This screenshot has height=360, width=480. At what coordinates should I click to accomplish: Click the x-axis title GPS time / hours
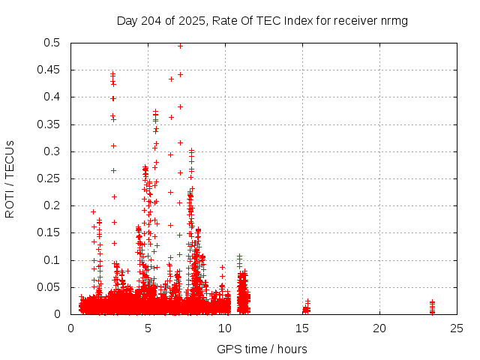pos(262,349)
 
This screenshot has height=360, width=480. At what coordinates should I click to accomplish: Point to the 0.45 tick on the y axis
pos(53,70)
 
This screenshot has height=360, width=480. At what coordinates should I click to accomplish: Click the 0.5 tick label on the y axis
pos(56,43)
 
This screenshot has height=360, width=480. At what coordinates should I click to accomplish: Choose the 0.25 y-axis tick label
pos(53,178)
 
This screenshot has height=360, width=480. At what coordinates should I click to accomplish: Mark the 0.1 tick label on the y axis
pos(56,260)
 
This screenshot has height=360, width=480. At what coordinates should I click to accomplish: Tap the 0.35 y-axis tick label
pos(53,124)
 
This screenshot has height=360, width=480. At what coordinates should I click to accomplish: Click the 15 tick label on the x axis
pos(302,328)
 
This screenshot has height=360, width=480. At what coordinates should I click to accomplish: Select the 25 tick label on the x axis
pos(457,328)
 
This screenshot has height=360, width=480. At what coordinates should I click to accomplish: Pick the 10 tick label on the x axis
pos(225,328)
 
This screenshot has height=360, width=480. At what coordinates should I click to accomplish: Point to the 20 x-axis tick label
pos(379,328)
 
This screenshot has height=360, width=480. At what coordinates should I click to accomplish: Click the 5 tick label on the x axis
pos(148,328)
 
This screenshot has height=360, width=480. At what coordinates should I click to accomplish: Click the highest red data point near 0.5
pos(180,46)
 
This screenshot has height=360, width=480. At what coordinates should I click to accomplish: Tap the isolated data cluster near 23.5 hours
pos(432,307)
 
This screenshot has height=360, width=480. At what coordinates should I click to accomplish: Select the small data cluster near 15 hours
pos(306,307)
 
